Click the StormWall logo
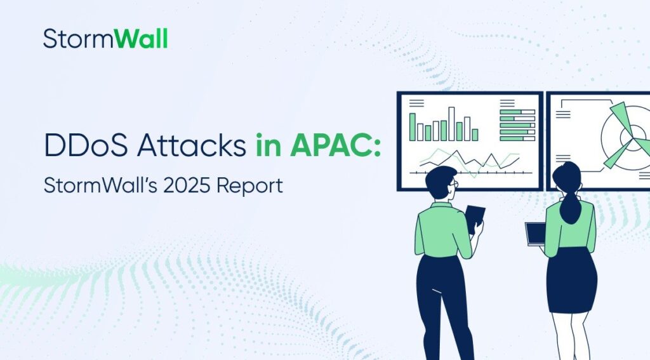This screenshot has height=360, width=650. (105, 39)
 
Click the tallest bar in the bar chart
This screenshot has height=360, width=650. (452, 123)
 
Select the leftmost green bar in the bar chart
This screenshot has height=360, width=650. (413, 126)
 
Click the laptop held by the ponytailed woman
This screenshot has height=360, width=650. (535, 233)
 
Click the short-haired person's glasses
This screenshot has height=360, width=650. (454, 184)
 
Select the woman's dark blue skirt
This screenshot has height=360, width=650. (571, 279)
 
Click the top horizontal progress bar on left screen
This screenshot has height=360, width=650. (517, 112)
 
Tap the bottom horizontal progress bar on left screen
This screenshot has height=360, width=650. (517, 138)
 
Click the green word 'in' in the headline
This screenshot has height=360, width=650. (267, 145)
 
